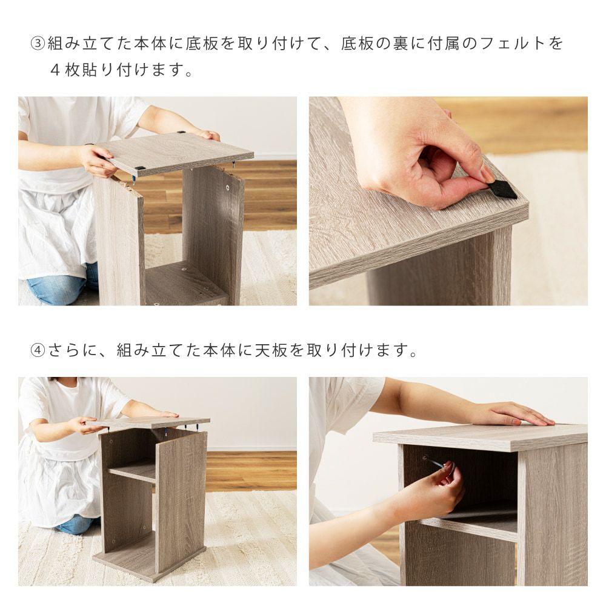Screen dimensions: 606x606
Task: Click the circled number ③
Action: click(38, 44)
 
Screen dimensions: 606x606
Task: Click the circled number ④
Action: click(38, 350)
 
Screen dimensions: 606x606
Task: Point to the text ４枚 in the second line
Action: click(65, 70)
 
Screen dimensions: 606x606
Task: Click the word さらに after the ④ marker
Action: click(73, 350)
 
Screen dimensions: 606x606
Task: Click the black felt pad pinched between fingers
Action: click(502, 189)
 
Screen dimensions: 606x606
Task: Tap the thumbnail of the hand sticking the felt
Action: click(448, 201)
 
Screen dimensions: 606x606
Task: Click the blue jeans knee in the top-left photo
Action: click(58, 285)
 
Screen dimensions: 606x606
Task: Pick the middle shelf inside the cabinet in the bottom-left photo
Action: click(132, 474)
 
